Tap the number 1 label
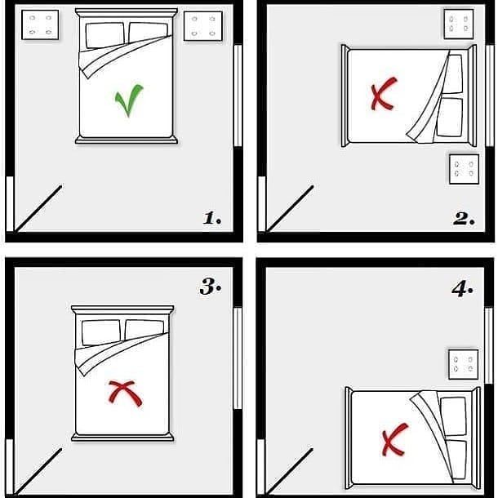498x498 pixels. [212, 218]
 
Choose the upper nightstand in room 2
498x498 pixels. [459, 23]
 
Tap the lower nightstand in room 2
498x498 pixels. [463, 169]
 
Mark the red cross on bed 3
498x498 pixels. [122, 394]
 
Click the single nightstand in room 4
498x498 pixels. [463, 364]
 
